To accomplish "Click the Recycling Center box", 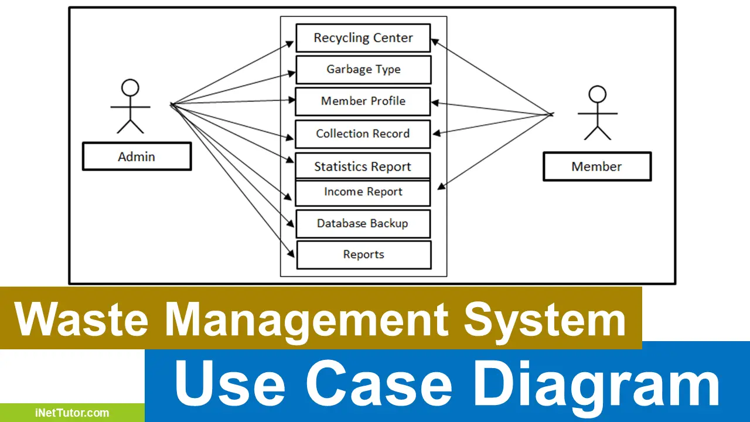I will click(363, 38).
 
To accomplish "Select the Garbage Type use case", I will click(363, 70).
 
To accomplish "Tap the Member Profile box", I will click(363, 101).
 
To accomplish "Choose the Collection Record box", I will click(363, 134).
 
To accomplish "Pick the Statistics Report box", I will click(363, 166).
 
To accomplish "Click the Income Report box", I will click(363, 192).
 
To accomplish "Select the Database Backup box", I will click(363, 224).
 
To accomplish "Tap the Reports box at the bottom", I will click(364, 255).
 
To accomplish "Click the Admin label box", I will click(137, 156).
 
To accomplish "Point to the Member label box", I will click(596, 166).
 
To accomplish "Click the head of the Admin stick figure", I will click(130, 89).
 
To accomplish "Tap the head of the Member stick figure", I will click(597, 94).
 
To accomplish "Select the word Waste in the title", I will click(82, 319).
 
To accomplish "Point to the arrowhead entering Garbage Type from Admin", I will click(292, 73).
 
